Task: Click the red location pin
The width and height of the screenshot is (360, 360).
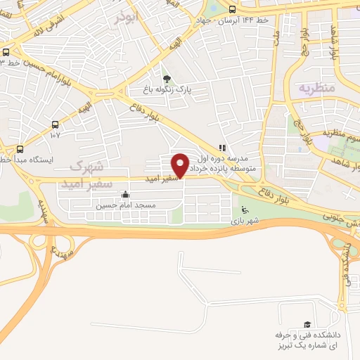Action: (181, 165)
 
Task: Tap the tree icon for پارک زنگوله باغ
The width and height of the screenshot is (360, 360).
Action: (167, 79)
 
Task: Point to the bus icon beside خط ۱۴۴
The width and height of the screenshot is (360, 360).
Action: (231, 9)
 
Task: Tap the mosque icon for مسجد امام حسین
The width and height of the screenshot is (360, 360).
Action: (125, 195)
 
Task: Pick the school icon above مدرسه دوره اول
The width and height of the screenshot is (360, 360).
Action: (223, 148)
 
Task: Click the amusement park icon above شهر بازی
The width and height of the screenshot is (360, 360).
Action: (244, 209)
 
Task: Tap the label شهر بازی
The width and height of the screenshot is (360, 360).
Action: (243, 221)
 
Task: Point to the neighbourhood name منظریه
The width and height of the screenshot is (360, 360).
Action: (314, 88)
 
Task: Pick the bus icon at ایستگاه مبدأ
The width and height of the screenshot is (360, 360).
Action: (20, 149)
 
